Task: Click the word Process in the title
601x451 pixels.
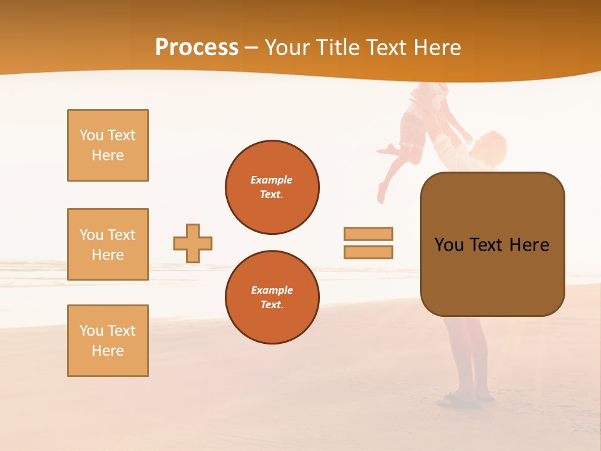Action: pyautogui.click(x=197, y=48)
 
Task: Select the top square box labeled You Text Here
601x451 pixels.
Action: pyautogui.click(x=108, y=145)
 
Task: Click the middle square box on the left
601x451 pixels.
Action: pyautogui.click(x=108, y=244)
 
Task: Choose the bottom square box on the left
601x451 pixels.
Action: pyautogui.click(x=108, y=341)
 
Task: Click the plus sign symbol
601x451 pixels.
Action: pyautogui.click(x=193, y=244)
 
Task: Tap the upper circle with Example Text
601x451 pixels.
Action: pyautogui.click(x=272, y=187)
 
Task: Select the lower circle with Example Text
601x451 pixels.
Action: pyautogui.click(x=272, y=298)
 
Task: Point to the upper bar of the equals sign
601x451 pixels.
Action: pyautogui.click(x=369, y=234)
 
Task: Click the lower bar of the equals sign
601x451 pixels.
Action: pyautogui.click(x=369, y=252)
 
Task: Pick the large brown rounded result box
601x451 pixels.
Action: pyautogui.click(x=492, y=244)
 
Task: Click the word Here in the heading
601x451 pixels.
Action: pyautogui.click(x=438, y=48)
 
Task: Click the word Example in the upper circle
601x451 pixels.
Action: pyautogui.click(x=272, y=180)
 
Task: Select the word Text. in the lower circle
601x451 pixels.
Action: pyautogui.click(x=272, y=305)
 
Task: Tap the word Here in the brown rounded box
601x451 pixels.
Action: pyautogui.click(x=529, y=245)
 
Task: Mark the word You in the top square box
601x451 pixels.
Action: pyautogui.click(x=90, y=135)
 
